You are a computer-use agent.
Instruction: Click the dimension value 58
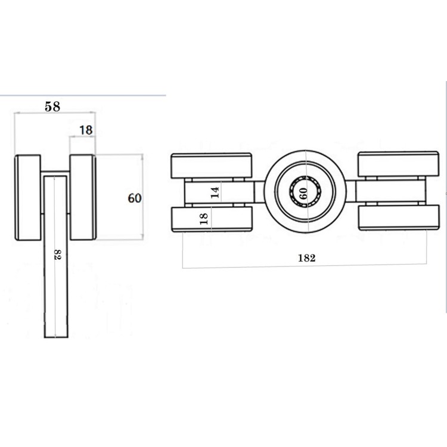pyautogui.click(x=52, y=107)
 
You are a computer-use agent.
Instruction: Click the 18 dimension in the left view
pyautogui.click(x=86, y=131)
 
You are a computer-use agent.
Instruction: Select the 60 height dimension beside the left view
pyautogui.click(x=135, y=198)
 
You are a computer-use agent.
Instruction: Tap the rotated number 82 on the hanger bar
pyautogui.click(x=58, y=254)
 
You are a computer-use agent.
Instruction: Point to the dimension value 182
pyautogui.click(x=307, y=258)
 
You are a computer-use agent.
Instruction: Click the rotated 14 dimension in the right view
pyautogui.click(x=216, y=193)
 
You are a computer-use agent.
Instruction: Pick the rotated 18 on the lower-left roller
pyautogui.click(x=204, y=219)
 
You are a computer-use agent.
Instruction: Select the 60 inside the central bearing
pyautogui.click(x=303, y=193)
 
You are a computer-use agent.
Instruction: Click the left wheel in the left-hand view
pyautogui.click(x=28, y=197)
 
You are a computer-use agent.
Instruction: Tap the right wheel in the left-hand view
pyautogui.click(x=83, y=197)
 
